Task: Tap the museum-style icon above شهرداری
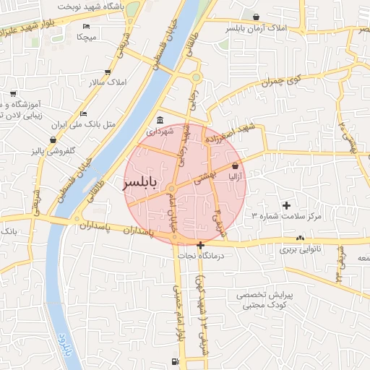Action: click(x=160, y=120)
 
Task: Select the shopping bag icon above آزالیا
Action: click(x=236, y=165)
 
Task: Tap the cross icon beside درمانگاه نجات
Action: click(x=200, y=245)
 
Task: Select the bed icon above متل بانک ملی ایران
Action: click(x=84, y=113)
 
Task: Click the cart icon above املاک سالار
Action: click(x=108, y=72)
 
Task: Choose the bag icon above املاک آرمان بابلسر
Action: click(x=256, y=17)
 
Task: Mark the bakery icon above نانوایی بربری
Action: click(x=299, y=238)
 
